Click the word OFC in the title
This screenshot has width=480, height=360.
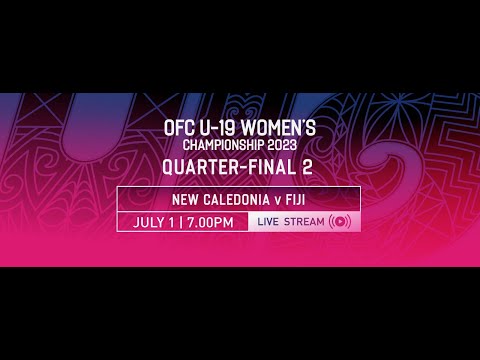(x=178, y=129)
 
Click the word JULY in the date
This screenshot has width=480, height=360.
(x=150, y=222)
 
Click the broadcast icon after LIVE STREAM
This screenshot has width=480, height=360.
(x=340, y=222)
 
